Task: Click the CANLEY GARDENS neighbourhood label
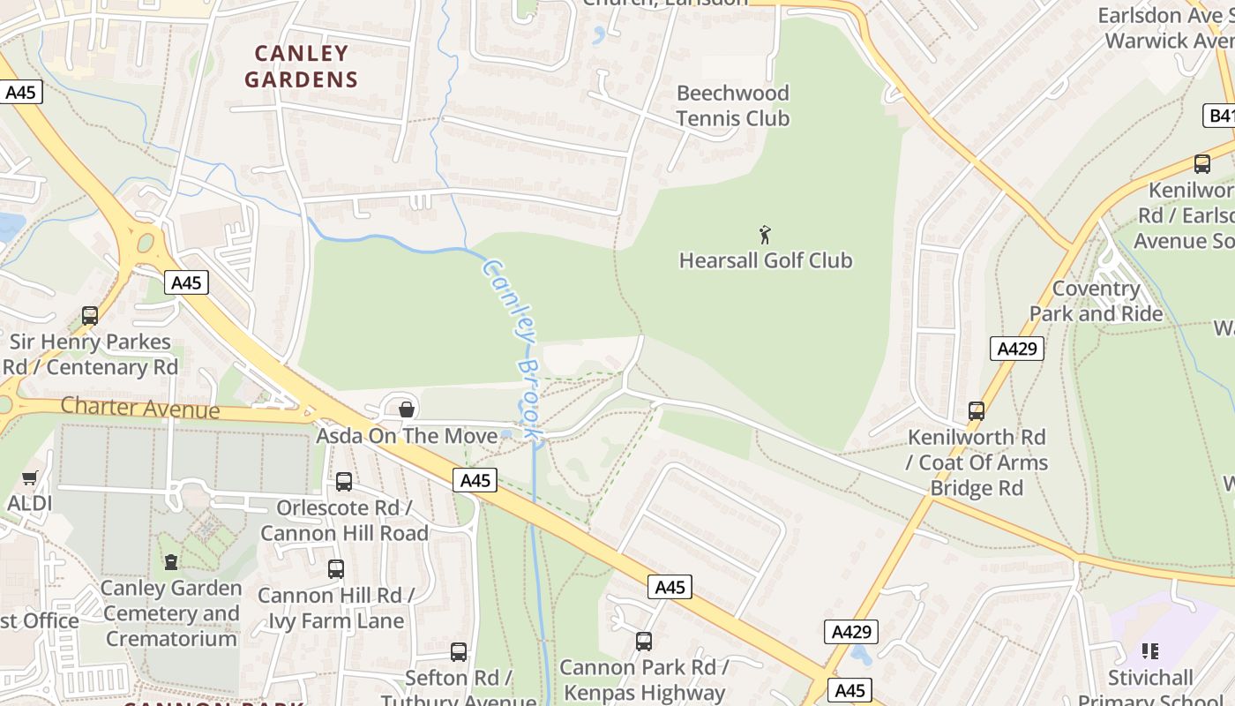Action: click(301, 66)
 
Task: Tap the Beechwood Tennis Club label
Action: click(732, 106)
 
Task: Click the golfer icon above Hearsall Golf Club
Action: click(765, 235)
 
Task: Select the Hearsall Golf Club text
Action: click(765, 260)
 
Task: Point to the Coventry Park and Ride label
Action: click(1096, 301)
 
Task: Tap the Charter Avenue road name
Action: click(140, 409)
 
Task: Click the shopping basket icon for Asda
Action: click(407, 409)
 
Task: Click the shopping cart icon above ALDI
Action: click(30, 478)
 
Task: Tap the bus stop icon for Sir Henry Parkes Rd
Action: click(89, 316)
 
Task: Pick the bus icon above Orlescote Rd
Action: click(344, 482)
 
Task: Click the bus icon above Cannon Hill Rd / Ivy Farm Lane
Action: click(336, 569)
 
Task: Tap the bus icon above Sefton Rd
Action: click(459, 652)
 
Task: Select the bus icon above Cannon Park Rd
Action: click(644, 642)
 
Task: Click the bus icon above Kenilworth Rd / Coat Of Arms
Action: click(977, 411)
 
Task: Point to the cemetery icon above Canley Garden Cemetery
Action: click(171, 562)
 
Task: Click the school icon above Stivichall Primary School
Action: click(1149, 651)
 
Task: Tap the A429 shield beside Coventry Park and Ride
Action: click(1016, 349)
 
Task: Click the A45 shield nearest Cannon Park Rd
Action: click(670, 587)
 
